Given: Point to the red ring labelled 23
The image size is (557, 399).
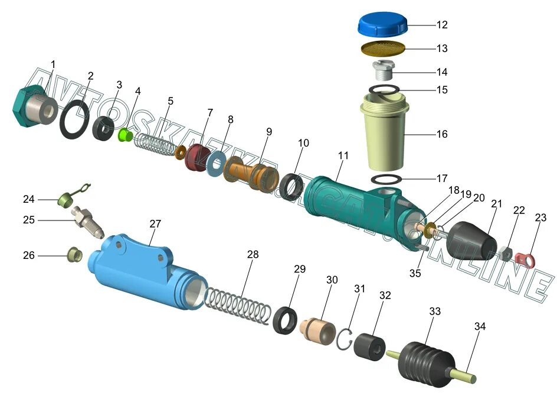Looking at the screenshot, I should (525, 258).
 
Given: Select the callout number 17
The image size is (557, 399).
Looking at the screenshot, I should (442, 179).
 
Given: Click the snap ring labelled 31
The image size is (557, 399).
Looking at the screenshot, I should (346, 338).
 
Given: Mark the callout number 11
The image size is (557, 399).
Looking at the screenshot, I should (343, 155).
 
